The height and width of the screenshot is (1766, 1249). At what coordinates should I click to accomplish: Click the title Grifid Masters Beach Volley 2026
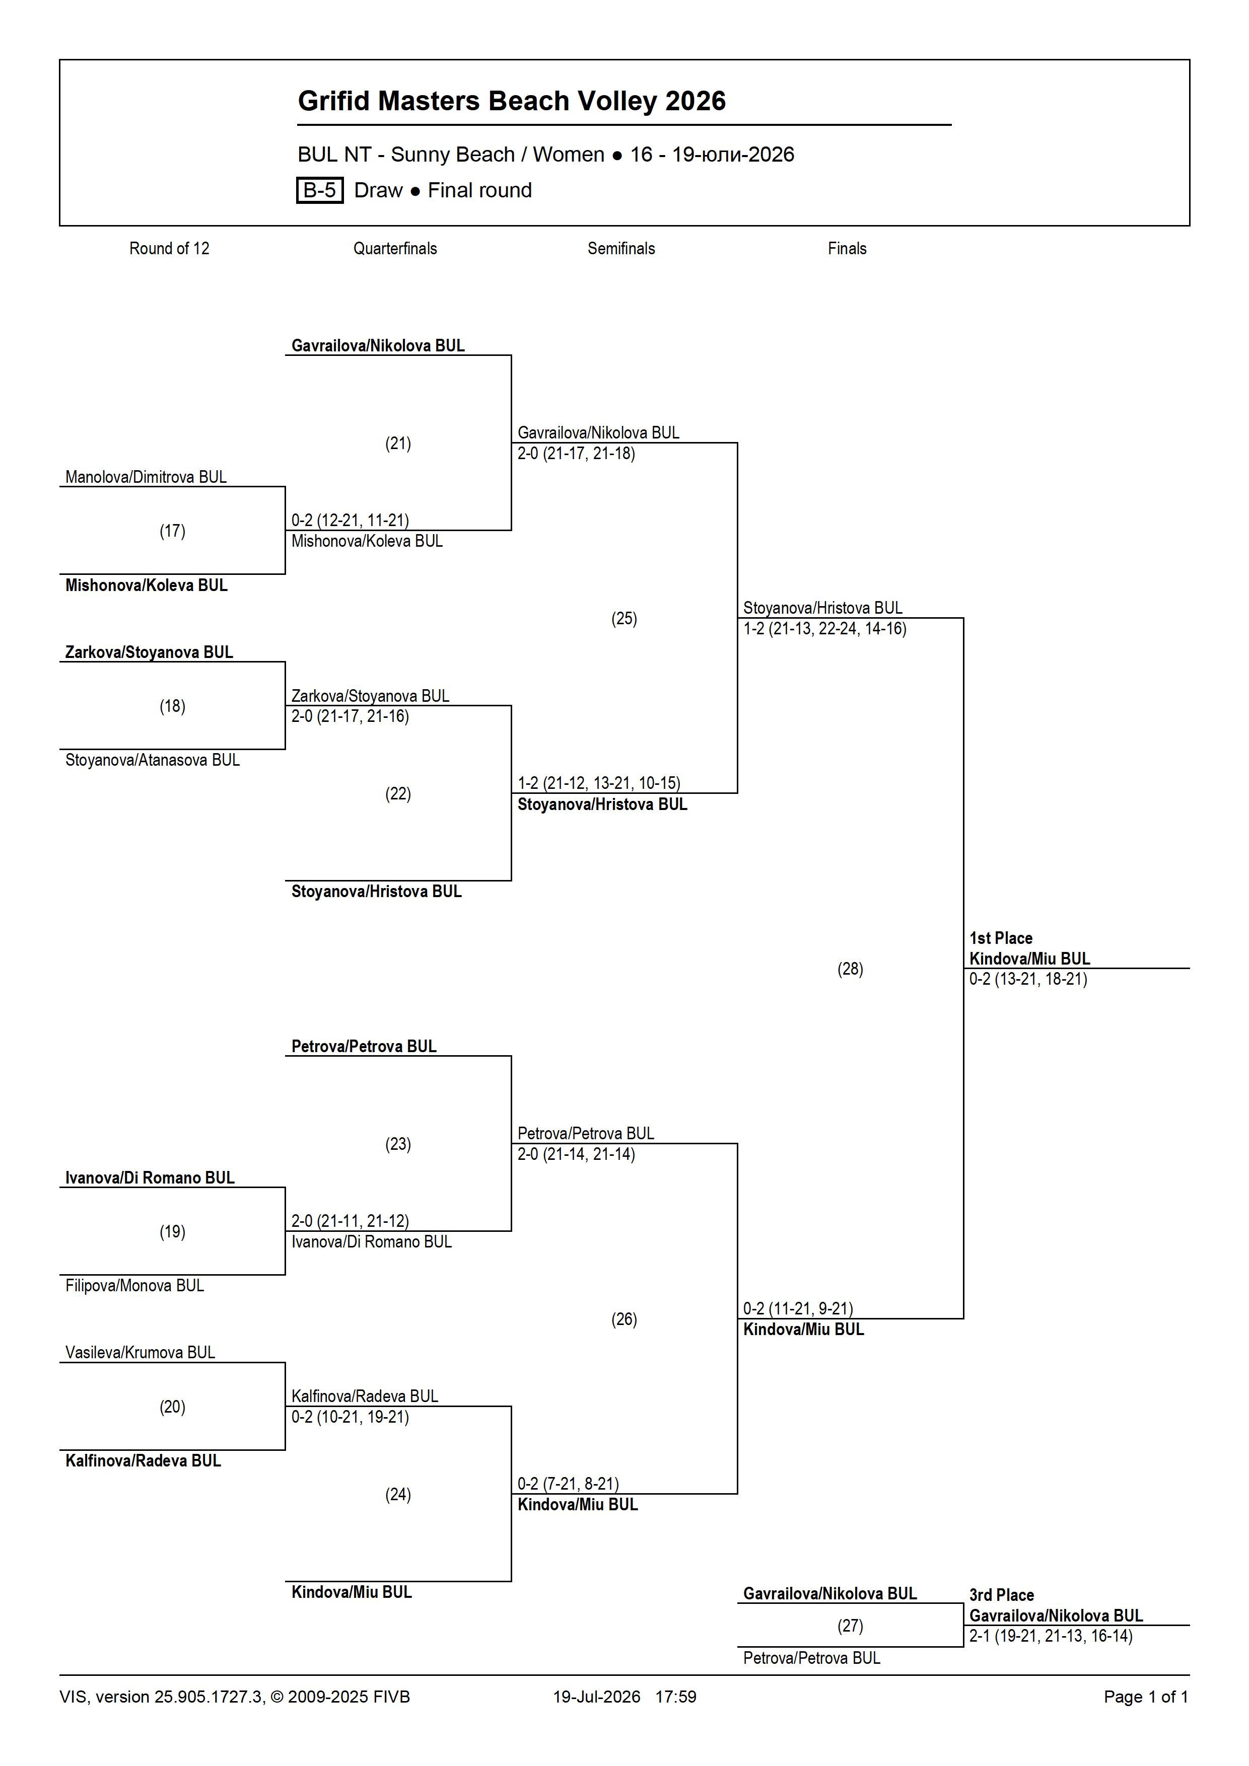(x=512, y=101)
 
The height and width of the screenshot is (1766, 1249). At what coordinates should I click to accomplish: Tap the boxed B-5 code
(x=319, y=190)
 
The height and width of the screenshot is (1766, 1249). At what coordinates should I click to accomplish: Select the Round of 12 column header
(x=169, y=249)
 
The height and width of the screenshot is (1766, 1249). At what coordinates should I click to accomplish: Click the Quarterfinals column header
(x=395, y=249)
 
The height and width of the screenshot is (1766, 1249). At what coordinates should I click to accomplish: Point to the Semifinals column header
(x=621, y=249)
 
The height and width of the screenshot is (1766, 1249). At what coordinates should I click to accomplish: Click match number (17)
(x=172, y=531)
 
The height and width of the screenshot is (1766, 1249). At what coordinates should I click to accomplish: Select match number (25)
(x=624, y=618)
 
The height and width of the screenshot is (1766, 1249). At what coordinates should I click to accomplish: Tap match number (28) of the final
(x=850, y=969)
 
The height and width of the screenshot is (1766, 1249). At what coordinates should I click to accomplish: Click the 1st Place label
(x=1000, y=937)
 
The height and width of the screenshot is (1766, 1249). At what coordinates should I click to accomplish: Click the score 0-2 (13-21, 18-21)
(x=1028, y=979)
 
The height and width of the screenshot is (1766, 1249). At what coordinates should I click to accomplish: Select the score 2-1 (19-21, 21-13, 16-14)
(x=1051, y=1636)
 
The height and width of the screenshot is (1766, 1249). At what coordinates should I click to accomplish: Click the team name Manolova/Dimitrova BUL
(x=146, y=477)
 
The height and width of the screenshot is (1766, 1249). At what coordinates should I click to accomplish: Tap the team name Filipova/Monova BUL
(x=134, y=1285)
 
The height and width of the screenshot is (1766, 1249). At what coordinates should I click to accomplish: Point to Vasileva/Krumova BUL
(x=140, y=1352)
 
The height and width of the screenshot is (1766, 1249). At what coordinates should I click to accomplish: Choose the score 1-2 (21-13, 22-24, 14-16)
(x=825, y=628)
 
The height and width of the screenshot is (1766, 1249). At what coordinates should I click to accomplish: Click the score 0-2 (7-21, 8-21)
(x=568, y=1484)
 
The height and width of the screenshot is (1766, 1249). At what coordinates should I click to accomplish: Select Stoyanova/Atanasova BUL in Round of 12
(x=153, y=760)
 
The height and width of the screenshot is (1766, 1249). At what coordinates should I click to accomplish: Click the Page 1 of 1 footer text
(x=1146, y=1697)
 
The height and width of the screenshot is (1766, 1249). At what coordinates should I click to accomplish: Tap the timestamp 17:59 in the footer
(x=676, y=1697)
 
